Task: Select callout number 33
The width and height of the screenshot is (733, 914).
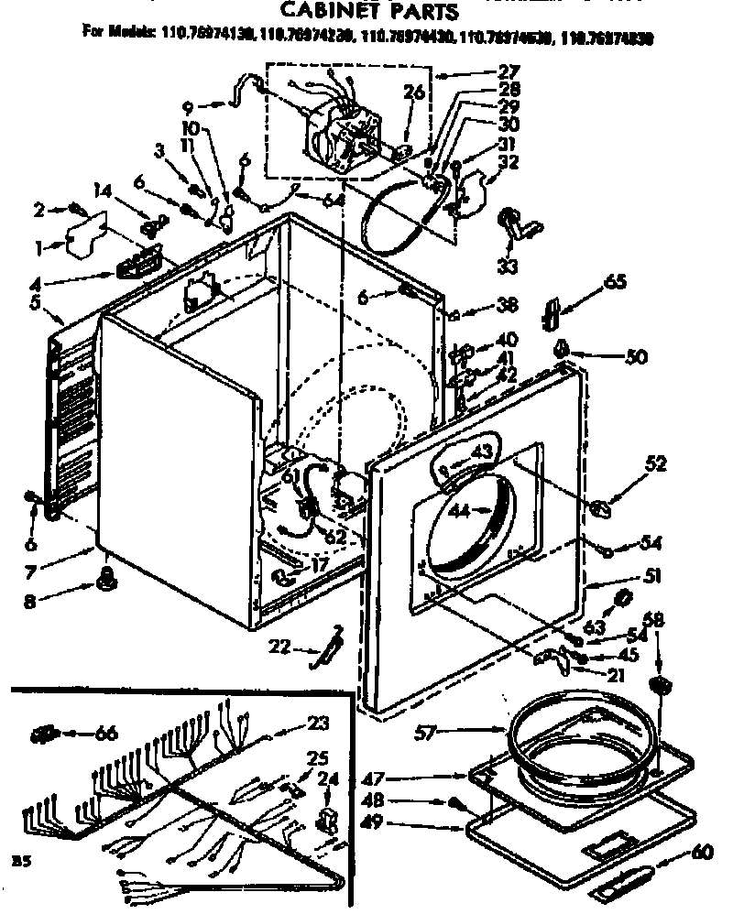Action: pos(507,267)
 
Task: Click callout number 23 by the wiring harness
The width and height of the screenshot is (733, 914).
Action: pos(318,723)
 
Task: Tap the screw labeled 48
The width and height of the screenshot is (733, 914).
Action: pos(455,802)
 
